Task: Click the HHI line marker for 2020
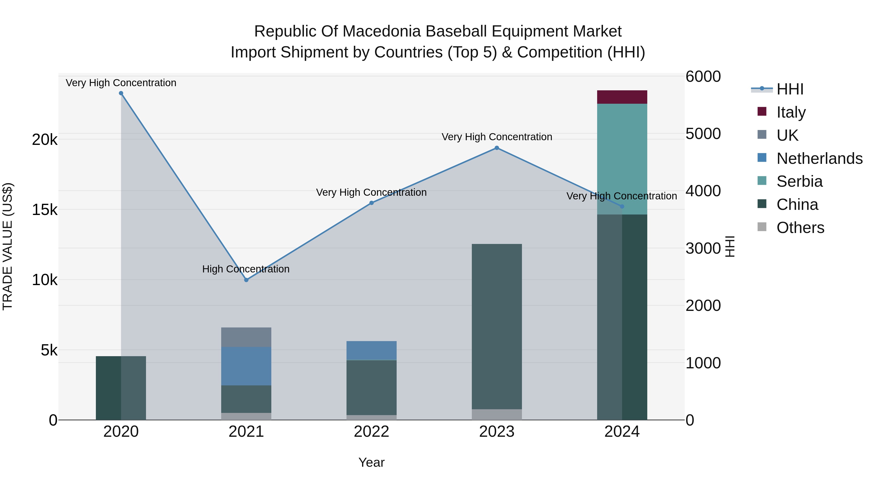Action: [x=121, y=93]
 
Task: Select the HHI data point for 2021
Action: [x=246, y=280]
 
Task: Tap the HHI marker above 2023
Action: [x=497, y=148]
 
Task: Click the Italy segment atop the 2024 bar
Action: [x=622, y=97]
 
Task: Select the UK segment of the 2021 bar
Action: [x=246, y=337]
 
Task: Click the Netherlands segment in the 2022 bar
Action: [x=371, y=350]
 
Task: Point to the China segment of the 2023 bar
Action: [x=497, y=327]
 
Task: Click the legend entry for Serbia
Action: [x=799, y=181]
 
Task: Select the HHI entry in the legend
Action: [x=790, y=89]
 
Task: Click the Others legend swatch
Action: [x=762, y=227]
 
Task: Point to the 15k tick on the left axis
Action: [x=45, y=210]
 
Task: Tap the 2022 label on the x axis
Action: [x=371, y=432]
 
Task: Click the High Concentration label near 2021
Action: [x=246, y=269]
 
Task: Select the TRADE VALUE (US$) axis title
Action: [x=8, y=246]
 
